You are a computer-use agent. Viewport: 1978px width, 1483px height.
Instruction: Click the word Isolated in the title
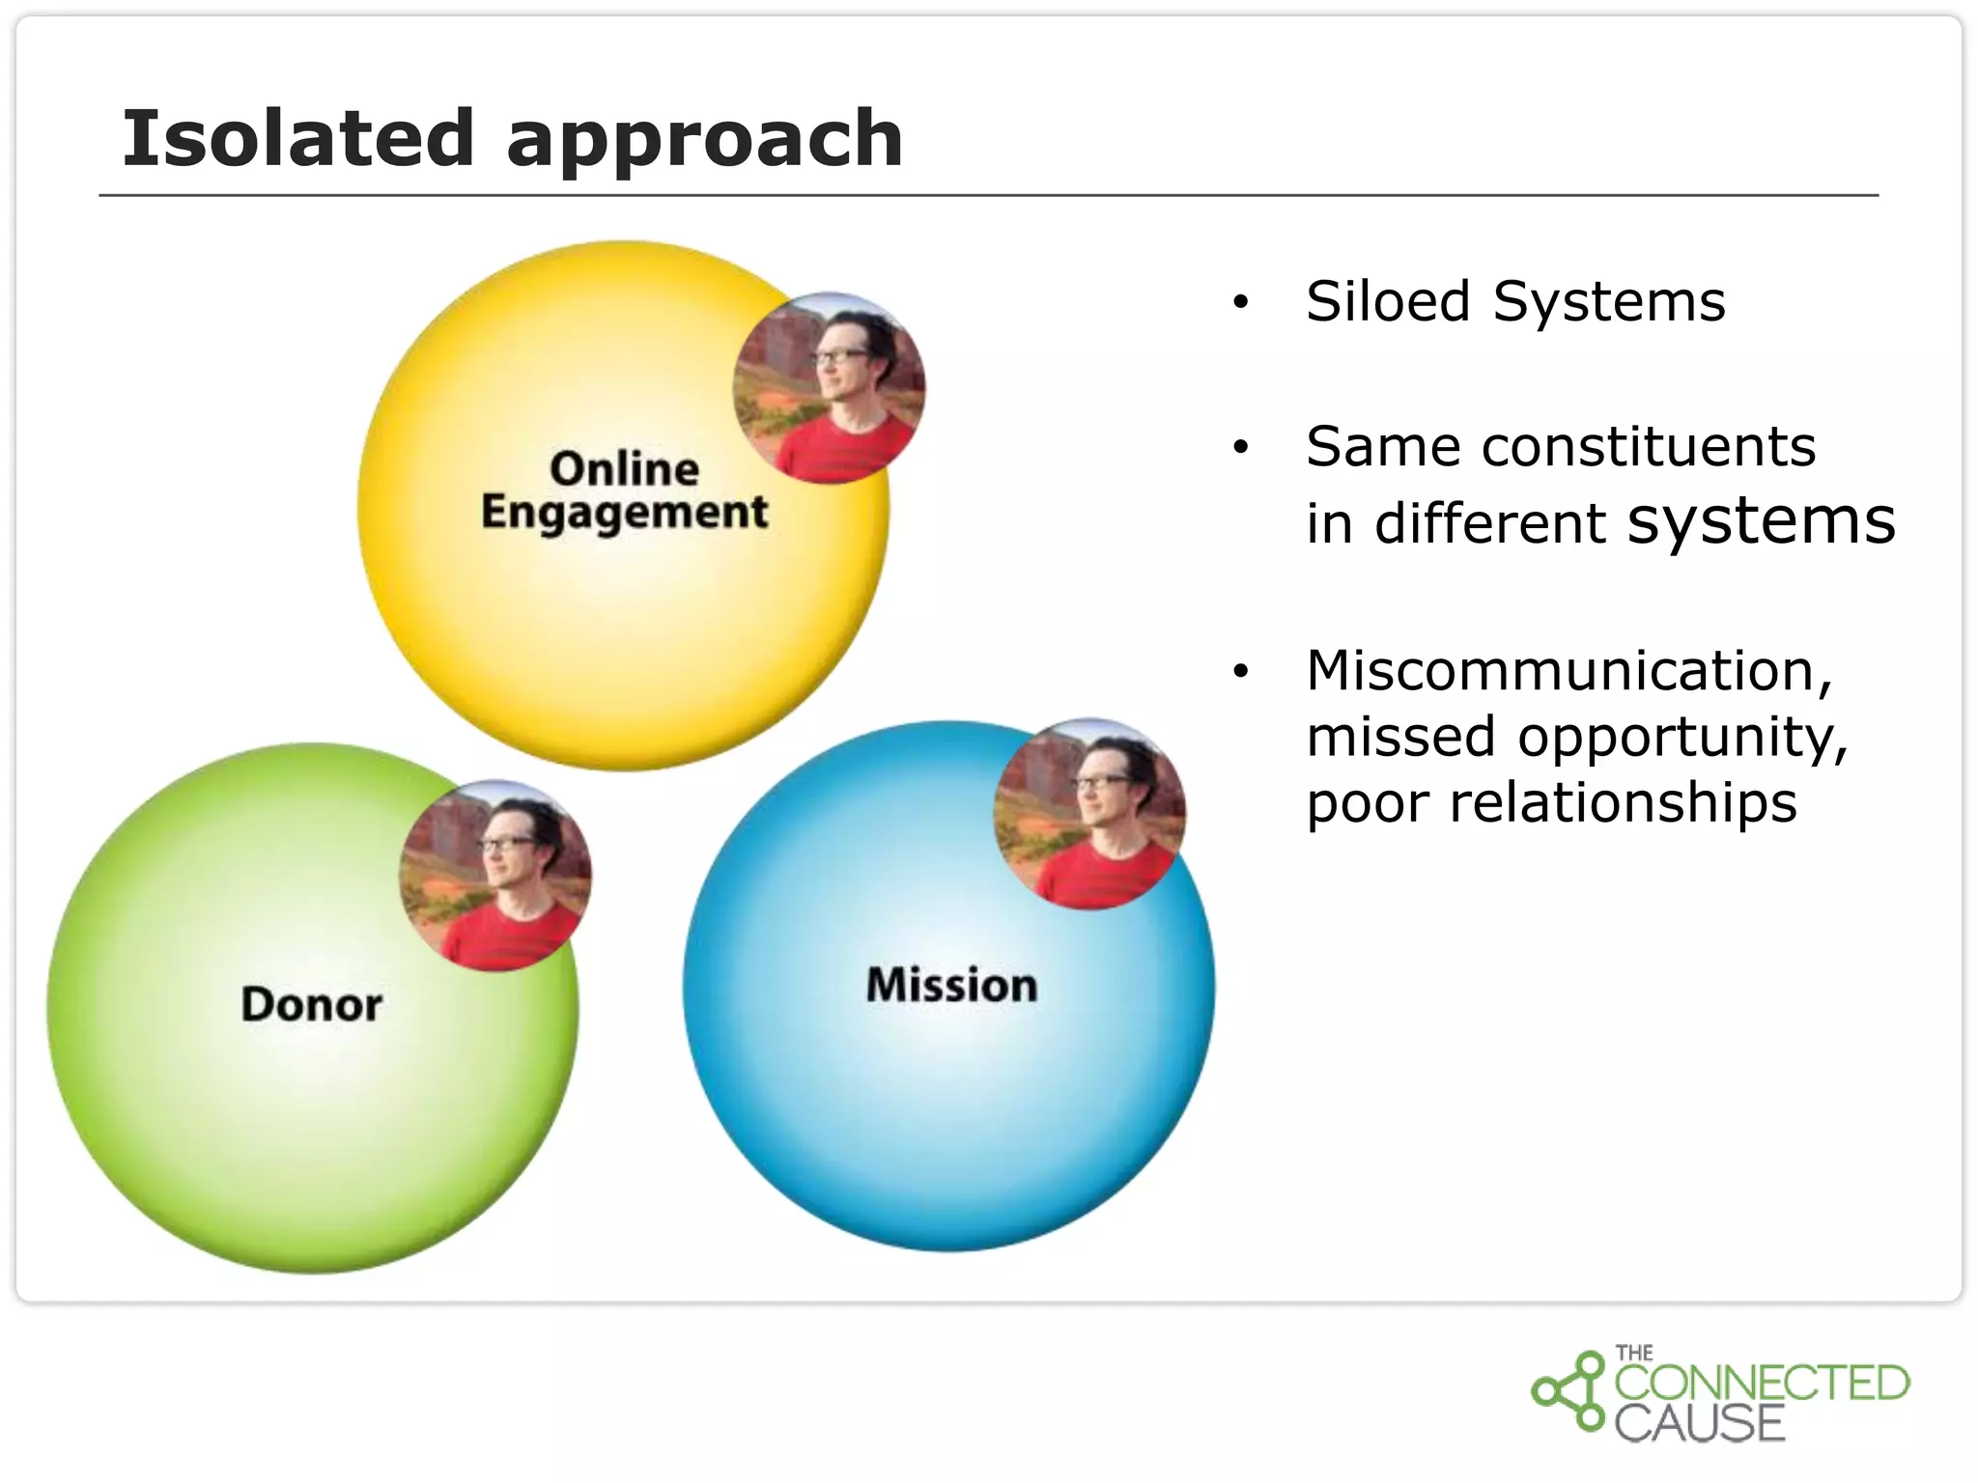tap(297, 138)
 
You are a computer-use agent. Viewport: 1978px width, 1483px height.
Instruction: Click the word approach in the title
tap(704, 140)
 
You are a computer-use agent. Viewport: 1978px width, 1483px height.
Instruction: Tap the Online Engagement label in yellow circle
tap(624, 490)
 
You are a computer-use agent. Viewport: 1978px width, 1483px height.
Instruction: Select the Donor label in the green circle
tap(311, 1004)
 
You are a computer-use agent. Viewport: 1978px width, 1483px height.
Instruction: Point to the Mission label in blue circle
tap(951, 985)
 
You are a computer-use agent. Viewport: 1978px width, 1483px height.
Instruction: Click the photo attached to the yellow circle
tap(829, 388)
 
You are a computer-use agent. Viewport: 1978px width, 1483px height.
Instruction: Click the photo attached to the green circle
tap(495, 876)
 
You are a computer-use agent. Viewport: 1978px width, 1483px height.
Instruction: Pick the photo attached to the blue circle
tap(1089, 814)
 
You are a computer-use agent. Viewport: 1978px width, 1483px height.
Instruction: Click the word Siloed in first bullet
tap(1389, 301)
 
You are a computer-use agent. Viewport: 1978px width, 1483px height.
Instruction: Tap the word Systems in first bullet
tap(1608, 301)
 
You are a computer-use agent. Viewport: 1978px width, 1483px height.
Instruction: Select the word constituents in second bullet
tap(1648, 447)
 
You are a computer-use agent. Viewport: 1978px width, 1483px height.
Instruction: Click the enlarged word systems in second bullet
tap(1761, 521)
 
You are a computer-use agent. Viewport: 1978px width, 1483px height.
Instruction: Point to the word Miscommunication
tap(1568, 670)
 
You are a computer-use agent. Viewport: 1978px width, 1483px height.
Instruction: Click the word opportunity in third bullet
tap(1681, 738)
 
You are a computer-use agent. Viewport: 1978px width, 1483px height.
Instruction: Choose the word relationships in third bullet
tap(1623, 802)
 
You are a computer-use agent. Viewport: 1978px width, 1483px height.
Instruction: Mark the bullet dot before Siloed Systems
tap(1241, 303)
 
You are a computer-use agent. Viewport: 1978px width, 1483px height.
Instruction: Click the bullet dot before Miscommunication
tap(1241, 671)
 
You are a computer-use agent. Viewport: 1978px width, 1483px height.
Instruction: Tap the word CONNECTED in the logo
tap(1762, 1383)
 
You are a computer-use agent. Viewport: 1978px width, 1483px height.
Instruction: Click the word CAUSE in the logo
tap(1699, 1423)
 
